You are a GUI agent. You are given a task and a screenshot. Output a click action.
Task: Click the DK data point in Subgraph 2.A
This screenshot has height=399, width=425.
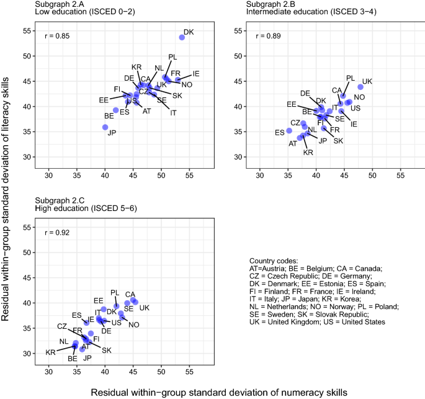[182, 37]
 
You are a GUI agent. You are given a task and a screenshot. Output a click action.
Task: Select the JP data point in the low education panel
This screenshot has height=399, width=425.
[105, 127]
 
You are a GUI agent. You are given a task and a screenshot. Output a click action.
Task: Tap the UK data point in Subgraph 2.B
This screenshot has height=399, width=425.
[360, 87]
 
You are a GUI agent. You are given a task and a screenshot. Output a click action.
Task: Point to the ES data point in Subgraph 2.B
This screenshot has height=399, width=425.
[289, 131]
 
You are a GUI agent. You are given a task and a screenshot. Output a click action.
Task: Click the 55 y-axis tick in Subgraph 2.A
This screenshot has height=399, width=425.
[30, 31]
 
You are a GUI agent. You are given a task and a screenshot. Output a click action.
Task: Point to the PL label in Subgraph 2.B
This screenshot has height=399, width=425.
[351, 78]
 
